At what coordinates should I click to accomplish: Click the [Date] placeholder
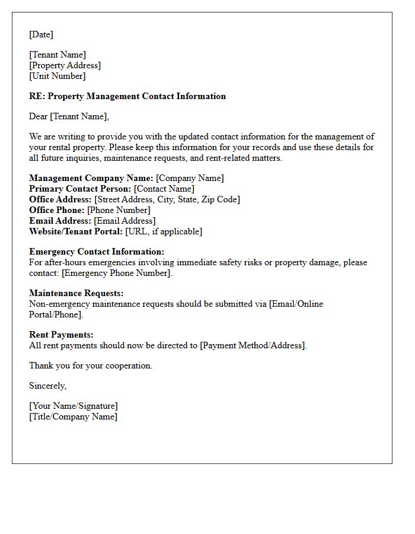(x=41, y=34)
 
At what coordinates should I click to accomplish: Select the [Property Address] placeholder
(x=65, y=65)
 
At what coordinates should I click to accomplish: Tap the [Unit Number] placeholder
(x=57, y=76)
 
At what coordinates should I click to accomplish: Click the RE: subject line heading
(x=127, y=96)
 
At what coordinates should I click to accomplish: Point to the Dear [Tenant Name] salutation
(x=69, y=116)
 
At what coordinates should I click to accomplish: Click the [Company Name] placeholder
(x=190, y=178)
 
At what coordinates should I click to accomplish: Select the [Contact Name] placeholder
(x=164, y=189)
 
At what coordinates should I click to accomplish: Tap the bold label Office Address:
(x=60, y=199)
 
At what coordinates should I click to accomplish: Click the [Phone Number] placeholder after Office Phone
(x=119, y=210)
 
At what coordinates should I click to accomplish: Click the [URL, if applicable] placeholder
(x=164, y=231)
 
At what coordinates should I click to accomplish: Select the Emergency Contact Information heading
(x=97, y=252)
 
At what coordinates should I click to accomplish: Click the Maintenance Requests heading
(x=76, y=293)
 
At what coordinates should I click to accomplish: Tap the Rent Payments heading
(x=61, y=335)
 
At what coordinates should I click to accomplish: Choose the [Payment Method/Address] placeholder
(x=253, y=345)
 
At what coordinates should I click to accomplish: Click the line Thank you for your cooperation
(x=91, y=365)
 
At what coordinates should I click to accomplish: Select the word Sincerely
(x=47, y=386)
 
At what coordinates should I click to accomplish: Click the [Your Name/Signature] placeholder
(x=74, y=406)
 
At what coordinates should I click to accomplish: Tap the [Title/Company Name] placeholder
(x=73, y=417)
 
